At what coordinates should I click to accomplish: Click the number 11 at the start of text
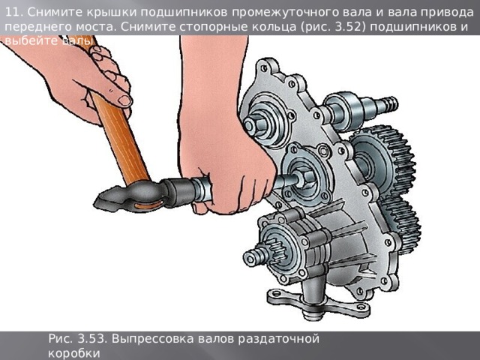point(12,11)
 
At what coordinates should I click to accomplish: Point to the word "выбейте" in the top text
point(26,40)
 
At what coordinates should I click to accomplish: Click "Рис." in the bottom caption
point(60,338)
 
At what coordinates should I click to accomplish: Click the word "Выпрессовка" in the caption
point(154,338)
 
